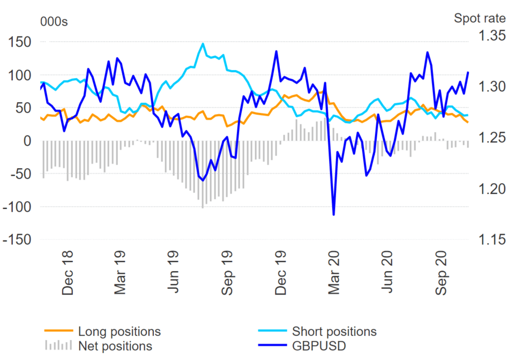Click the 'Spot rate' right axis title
(480, 18)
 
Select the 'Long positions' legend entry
(119, 332)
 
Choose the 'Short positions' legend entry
(334, 332)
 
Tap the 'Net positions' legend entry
(115, 346)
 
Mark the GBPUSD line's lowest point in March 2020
(333, 215)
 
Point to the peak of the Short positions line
(203, 44)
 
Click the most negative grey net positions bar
(203, 208)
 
